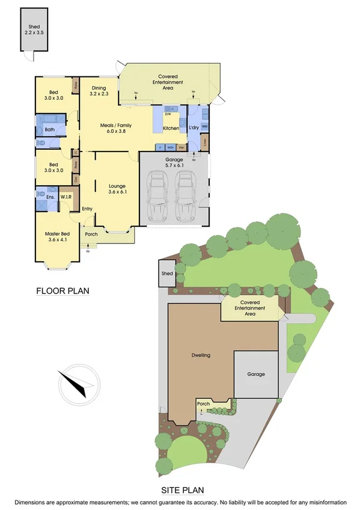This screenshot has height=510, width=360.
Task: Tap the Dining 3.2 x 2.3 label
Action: coord(99,90)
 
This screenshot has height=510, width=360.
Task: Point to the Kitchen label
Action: coord(171,129)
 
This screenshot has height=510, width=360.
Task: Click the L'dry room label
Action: coord(194,129)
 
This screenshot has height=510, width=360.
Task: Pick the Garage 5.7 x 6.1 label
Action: coord(174,162)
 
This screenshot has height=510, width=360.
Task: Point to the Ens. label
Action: coord(50,197)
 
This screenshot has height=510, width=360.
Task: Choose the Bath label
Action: coord(50,129)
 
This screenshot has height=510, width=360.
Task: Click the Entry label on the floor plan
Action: coord(88,209)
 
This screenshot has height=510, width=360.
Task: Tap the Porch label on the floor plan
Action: coord(91,235)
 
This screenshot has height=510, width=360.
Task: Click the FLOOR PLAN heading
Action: coord(63,292)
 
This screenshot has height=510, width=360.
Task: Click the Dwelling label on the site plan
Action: coord(201,356)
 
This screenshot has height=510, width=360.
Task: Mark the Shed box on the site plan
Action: coord(167,274)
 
